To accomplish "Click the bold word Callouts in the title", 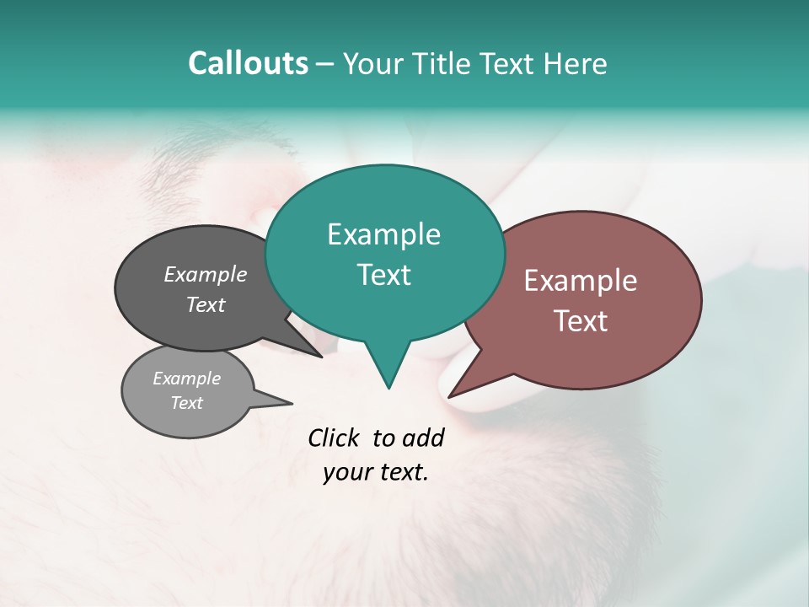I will point(248,63).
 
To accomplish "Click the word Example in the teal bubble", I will point(383,234).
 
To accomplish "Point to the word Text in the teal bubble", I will point(383,275).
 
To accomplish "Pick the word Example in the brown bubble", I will point(581,281).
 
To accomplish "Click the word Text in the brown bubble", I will point(581,321).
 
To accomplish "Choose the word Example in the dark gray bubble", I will point(206,274).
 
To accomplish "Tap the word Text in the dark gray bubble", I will point(206,304).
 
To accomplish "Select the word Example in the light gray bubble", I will point(186,379).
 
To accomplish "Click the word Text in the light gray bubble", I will point(186,403).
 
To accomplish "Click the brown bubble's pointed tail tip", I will point(450,396).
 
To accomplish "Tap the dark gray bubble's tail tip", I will point(321,356).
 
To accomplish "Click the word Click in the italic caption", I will point(335,438).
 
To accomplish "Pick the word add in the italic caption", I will point(423,438).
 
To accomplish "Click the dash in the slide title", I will point(325,64).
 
